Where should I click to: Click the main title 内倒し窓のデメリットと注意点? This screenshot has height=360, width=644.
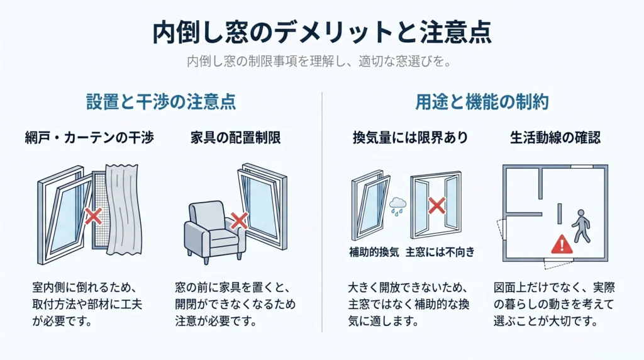point(322,33)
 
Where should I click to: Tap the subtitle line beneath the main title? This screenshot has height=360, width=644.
point(319,62)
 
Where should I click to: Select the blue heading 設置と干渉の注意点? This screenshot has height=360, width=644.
point(161,101)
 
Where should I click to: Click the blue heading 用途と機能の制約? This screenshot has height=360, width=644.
point(482,101)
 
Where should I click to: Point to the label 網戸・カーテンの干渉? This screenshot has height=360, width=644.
point(89,138)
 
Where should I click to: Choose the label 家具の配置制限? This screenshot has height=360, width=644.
point(236,138)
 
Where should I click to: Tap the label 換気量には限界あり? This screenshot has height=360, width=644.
point(410,138)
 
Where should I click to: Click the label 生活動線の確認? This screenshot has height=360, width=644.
point(555,138)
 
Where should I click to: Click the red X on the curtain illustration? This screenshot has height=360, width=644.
point(93,216)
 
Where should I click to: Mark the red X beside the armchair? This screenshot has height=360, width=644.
point(239,221)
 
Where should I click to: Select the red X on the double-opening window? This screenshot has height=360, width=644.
point(436,205)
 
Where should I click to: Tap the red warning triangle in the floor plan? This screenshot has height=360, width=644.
point(562,244)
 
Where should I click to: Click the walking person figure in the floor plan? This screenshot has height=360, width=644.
point(580,226)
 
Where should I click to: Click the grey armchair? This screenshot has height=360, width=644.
point(214,232)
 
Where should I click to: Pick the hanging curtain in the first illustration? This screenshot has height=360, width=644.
point(123,210)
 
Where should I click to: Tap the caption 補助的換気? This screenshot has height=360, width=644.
point(374,252)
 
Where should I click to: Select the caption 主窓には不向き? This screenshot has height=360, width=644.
point(440,252)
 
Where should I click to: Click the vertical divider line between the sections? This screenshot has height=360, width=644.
point(322,212)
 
